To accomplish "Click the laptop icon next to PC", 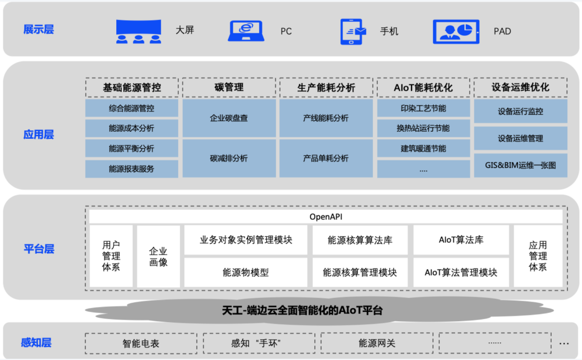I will pyautogui.click(x=246, y=31).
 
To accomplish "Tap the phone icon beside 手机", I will pyautogui.click(x=353, y=31).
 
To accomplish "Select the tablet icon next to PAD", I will pyautogui.click(x=456, y=31).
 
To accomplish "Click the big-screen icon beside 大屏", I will pyautogui.click(x=138, y=31).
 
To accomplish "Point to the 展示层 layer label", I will pyautogui.click(x=38, y=29).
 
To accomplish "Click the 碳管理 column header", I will pyautogui.click(x=229, y=87).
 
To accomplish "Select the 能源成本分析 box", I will pyautogui.click(x=131, y=128).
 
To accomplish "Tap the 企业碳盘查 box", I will pyautogui.click(x=229, y=118).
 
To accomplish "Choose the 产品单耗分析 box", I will pyautogui.click(x=326, y=158).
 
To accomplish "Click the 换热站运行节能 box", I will pyautogui.click(x=423, y=128).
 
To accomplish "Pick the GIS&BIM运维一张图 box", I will pyautogui.click(x=520, y=165).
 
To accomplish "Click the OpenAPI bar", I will pyautogui.click(x=326, y=217).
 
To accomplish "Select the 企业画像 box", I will pyautogui.click(x=158, y=256).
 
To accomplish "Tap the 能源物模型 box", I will pyautogui.click(x=246, y=272).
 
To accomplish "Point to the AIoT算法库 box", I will pyautogui.click(x=461, y=240).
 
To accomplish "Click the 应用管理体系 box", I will pyautogui.click(x=538, y=256).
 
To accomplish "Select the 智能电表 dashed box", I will pyautogui.click(x=141, y=343).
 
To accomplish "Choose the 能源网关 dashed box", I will pyautogui.click(x=377, y=343).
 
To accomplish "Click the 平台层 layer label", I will pyautogui.click(x=39, y=249).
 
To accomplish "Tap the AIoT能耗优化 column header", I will pyautogui.click(x=423, y=87).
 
